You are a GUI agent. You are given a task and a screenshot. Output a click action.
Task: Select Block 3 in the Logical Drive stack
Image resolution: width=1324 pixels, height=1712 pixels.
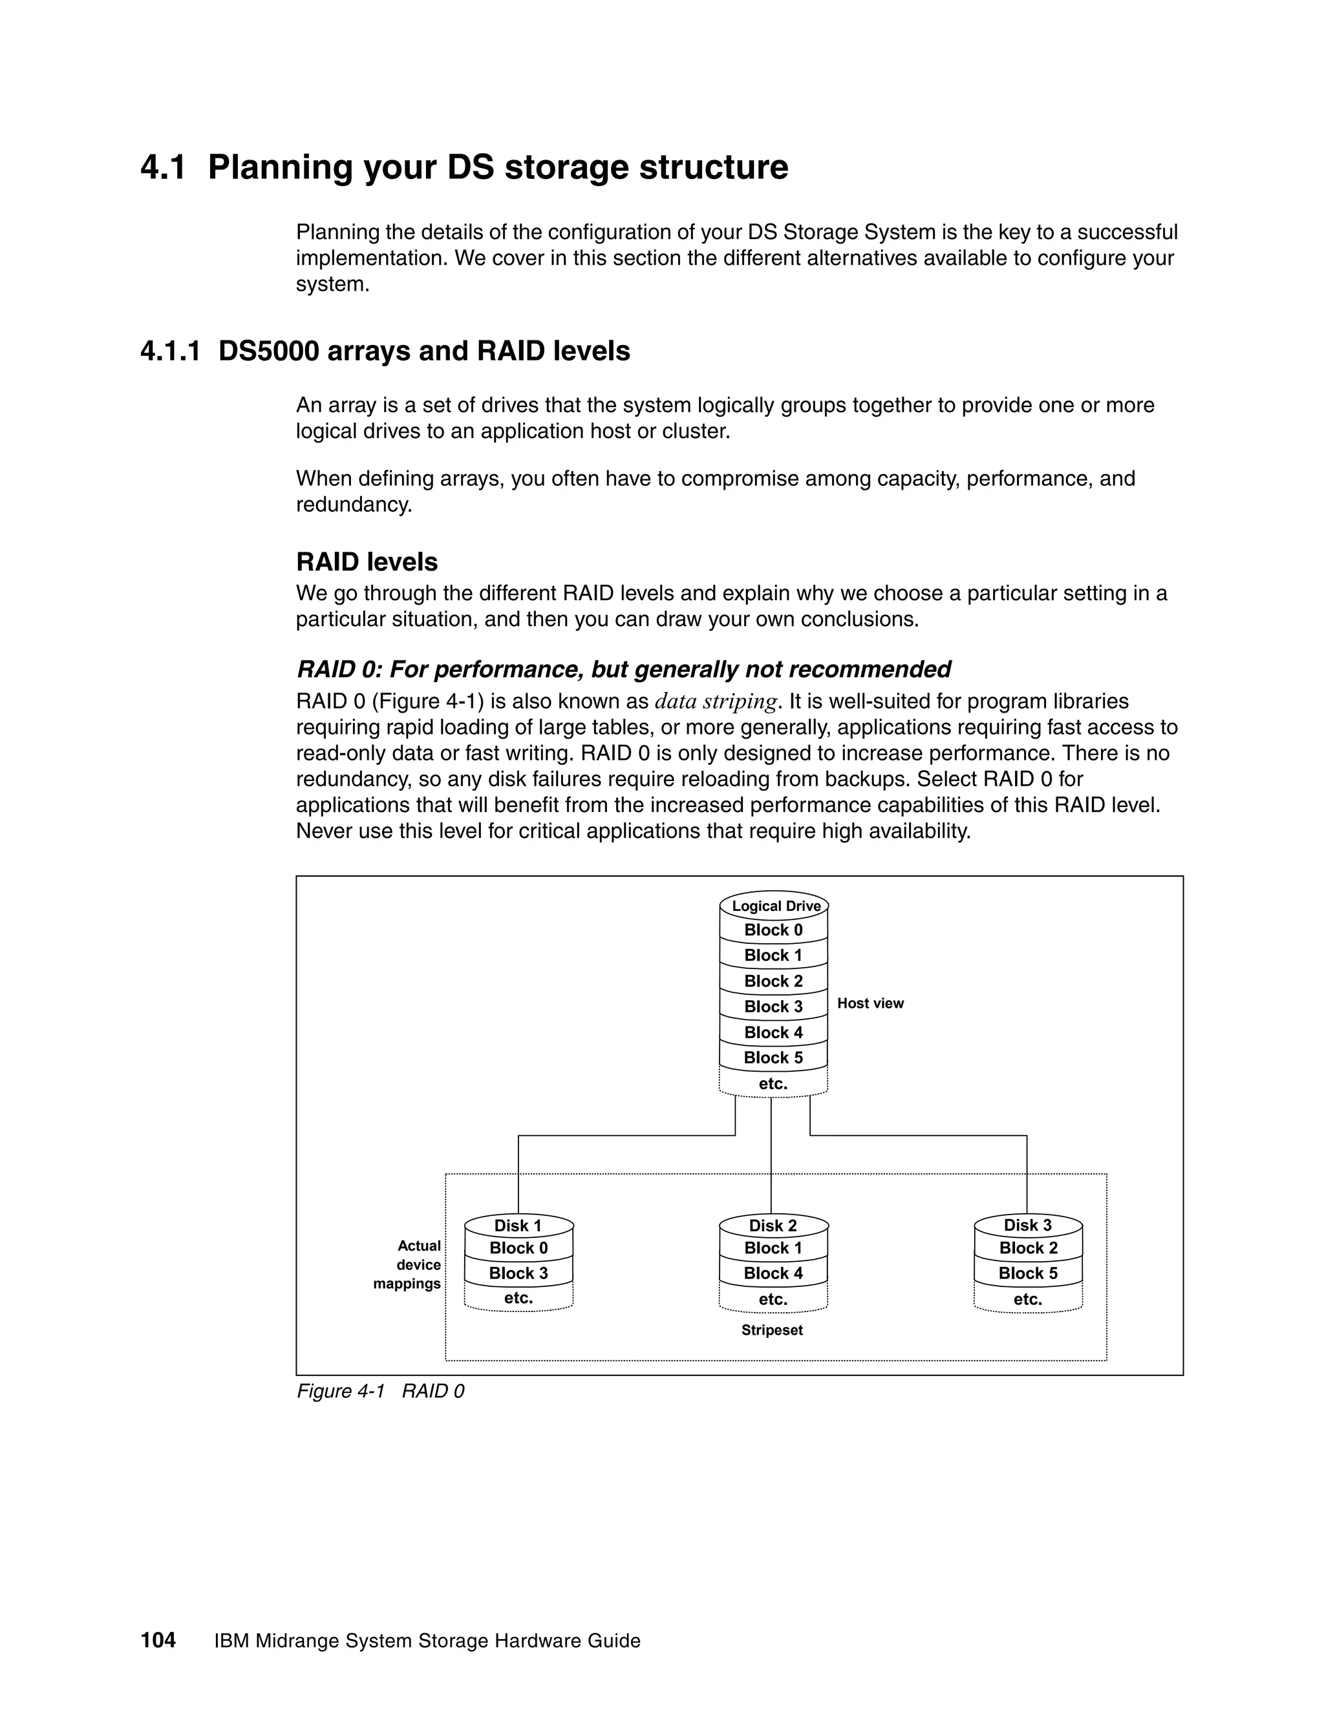(773, 1007)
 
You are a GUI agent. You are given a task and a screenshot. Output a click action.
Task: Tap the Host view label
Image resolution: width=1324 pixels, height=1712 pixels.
(870, 1003)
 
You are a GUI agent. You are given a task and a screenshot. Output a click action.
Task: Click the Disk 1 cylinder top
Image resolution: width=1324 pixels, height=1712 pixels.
(518, 1225)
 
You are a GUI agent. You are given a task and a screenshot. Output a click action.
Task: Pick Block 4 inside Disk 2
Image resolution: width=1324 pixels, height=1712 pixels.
(773, 1273)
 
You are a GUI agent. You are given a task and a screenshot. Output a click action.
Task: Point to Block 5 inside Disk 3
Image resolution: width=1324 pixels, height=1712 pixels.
(1027, 1273)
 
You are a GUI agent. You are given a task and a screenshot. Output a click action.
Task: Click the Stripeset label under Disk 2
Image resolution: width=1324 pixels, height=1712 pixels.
(772, 1330)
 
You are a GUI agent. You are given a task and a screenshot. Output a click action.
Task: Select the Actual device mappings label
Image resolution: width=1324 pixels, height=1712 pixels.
(408, 1264)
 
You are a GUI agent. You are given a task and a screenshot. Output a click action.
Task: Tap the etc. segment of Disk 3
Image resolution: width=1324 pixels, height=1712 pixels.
(1027, 1299)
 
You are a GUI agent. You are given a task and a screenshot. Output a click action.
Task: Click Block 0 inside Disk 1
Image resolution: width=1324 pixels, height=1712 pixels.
(518, 1248)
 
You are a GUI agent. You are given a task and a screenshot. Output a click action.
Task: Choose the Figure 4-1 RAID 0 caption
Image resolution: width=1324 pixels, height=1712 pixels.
(380, 1391)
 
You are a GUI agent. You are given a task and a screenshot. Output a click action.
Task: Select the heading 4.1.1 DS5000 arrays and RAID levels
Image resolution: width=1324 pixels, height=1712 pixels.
(385, 350)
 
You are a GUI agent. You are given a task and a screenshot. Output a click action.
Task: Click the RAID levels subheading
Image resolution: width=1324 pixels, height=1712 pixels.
(367, 561)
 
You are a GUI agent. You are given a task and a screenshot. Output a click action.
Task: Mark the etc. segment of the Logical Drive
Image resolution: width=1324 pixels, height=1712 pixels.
(773, 1083)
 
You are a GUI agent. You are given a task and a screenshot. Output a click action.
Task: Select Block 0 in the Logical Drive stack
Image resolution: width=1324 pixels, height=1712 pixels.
(773, 930)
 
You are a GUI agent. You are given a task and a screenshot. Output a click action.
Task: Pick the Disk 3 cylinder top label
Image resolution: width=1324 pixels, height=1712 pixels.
(1027, 1225)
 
